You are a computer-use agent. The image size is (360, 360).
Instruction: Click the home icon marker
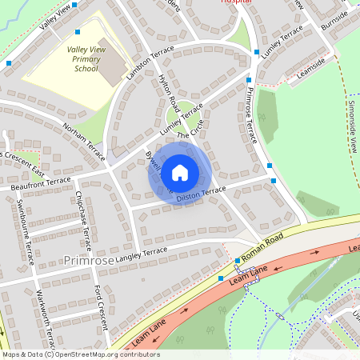(180, 172)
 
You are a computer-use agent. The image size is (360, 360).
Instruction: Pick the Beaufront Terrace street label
(41, 183)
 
